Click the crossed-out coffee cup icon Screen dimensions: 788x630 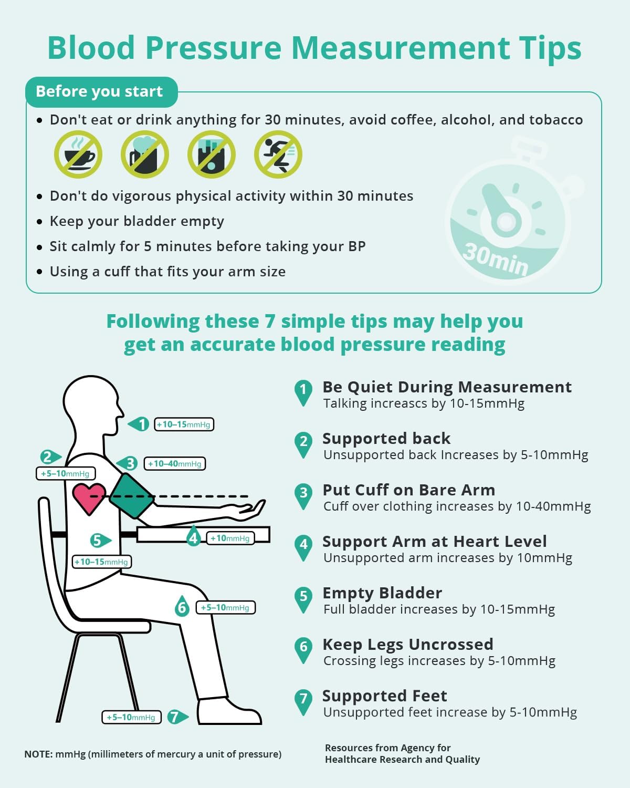(78, 154)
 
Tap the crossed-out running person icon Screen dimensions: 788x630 (278, 154)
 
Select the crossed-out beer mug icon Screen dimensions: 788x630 (145, 154)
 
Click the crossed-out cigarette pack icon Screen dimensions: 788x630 (212, 154)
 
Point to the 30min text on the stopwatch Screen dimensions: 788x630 (496, 258)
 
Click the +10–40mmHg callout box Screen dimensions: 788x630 (175, 463)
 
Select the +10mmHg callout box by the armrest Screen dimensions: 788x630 (230, 538)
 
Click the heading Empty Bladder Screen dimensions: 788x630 (382, 593)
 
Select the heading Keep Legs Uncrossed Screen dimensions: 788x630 (408, 644)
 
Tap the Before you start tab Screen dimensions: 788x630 (99, 91)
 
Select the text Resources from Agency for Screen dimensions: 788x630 (387, 748)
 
